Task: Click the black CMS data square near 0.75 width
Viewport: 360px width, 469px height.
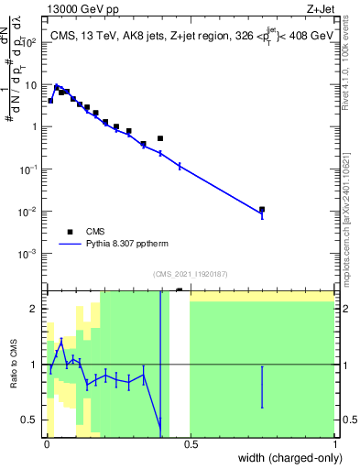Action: pos(262,210)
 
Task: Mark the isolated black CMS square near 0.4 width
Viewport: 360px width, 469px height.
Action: pos(160,138)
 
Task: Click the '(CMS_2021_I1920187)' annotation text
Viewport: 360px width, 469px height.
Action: pos(191,274)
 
